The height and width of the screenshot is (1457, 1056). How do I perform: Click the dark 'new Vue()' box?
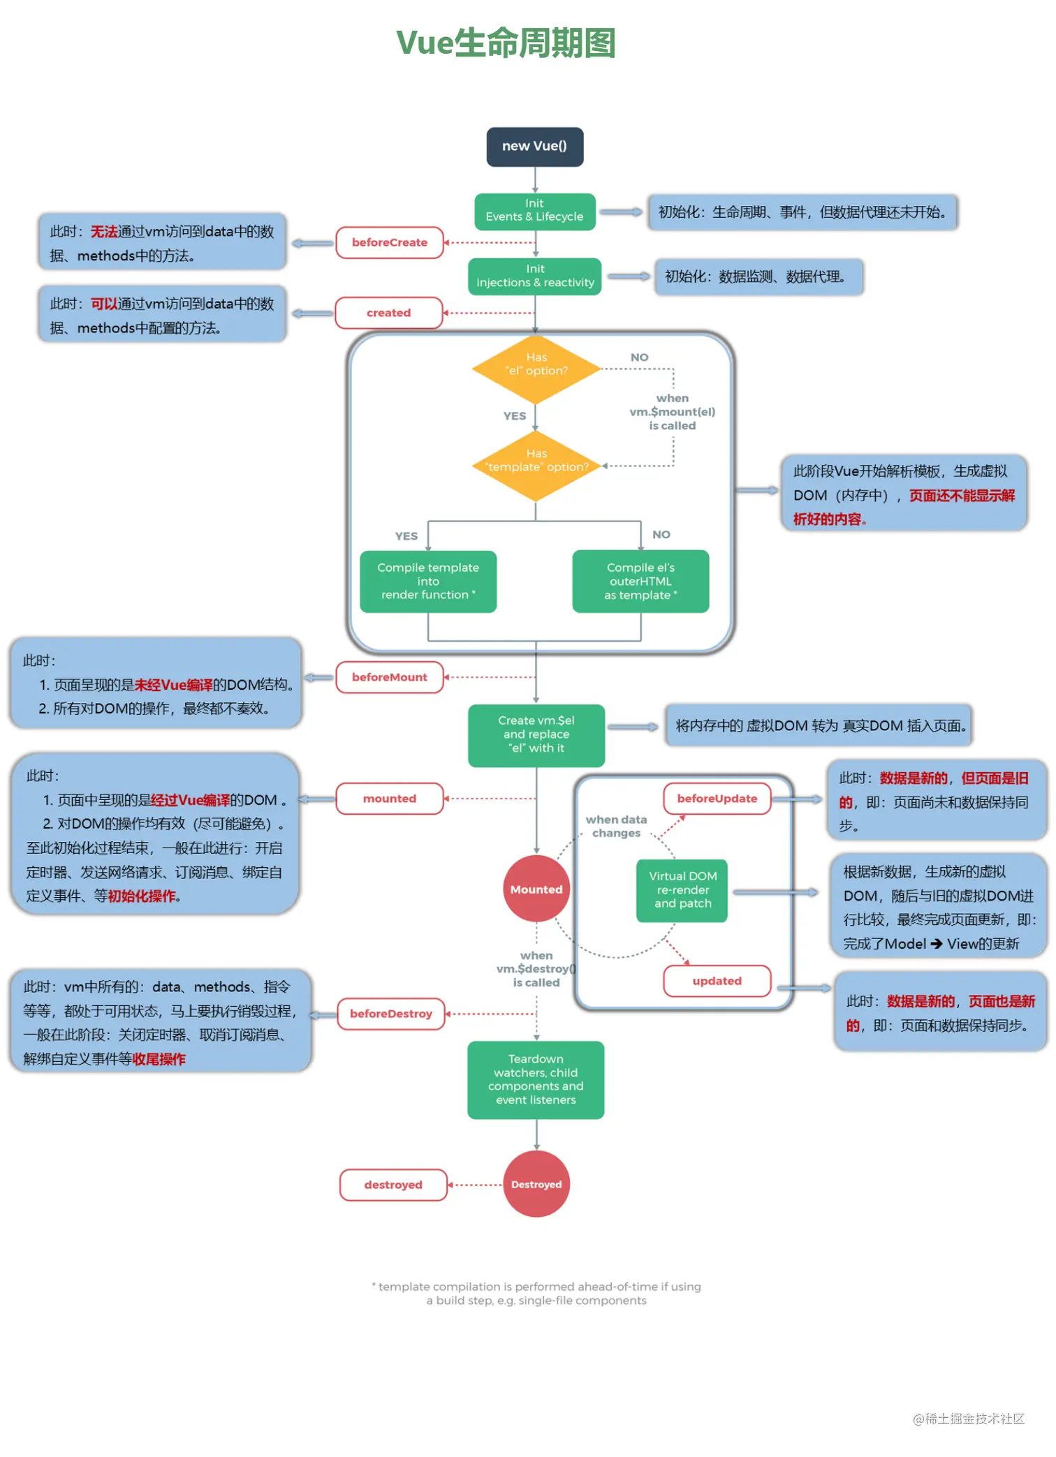(x=534, y=147)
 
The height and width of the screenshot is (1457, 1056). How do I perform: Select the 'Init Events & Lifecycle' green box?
(x=534, y=211)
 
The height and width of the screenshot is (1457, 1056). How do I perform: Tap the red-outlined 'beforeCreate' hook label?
(x=389, y=242)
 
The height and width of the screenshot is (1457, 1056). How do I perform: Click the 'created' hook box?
(x=388, y=313)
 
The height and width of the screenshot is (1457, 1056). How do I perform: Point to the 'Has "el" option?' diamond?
(x=536, y=369)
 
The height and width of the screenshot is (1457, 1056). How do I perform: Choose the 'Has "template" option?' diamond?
(x=536, y=465)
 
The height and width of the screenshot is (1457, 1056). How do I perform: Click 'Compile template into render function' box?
(x=427, y=581)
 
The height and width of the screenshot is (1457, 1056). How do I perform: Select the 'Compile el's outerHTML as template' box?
(x=640, y=581)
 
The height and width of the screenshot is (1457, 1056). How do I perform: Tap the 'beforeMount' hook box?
(x=389, y=677)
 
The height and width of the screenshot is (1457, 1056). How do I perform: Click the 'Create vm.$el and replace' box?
(x=536, y=734)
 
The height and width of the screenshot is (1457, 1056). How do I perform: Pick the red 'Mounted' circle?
(x=536, y=889)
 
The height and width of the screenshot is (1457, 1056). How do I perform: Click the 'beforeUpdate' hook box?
(x=717, y=798)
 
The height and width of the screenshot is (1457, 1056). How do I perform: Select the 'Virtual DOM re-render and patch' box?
(x=682, y=889)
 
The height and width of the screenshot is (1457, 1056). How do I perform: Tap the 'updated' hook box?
(x=717, y=980)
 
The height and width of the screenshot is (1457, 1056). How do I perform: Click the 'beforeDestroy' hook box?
(x=390, y=1013)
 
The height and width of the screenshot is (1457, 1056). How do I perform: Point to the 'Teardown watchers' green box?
(x=535, y=1079)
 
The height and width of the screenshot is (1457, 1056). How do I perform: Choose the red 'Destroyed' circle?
(x=536, y=1184)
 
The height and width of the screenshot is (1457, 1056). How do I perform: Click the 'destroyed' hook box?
(x=393, y=1185)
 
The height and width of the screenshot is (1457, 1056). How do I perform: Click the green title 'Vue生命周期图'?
(x=506, y=43)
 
